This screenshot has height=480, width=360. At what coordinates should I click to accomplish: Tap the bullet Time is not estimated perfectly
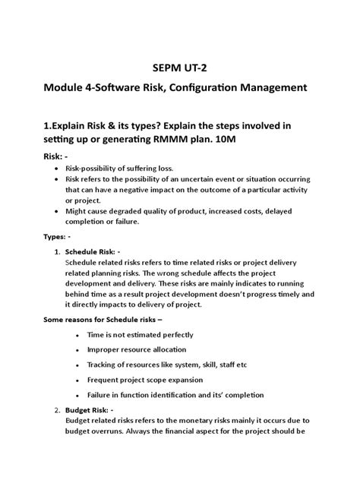[x=140, y=334]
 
